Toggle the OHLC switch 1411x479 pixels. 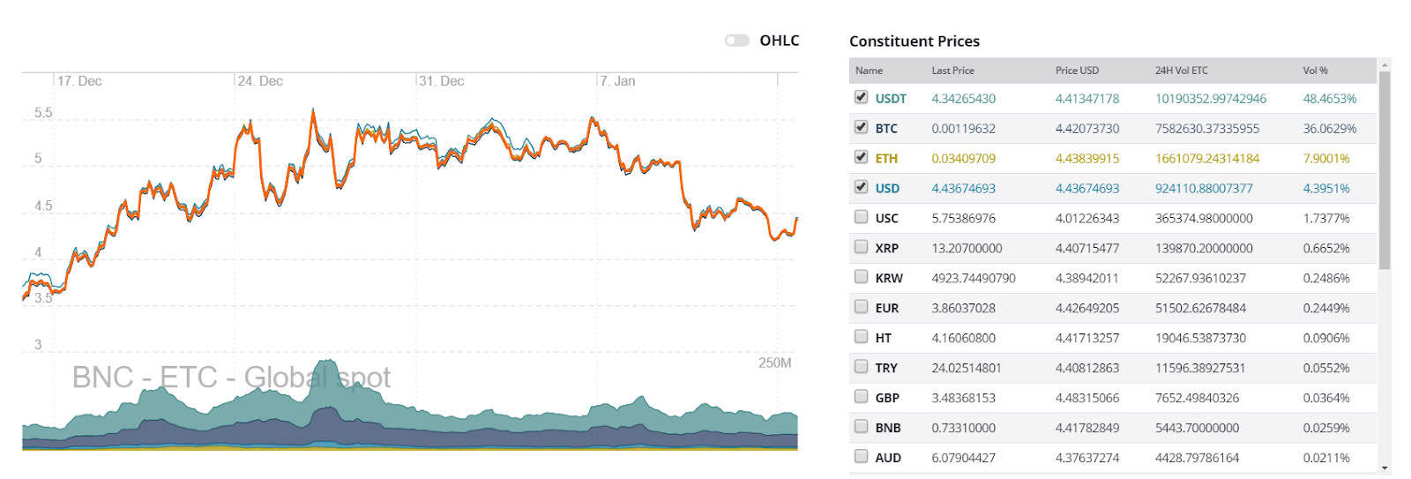coord(736,41)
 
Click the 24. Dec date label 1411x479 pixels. coord(260,81)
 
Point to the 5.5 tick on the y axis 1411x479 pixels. coord(43,113)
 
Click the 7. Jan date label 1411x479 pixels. coord(617,81)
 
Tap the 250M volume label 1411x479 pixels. coord(774,363)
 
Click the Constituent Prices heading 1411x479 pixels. coord(914,41)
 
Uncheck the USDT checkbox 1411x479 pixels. coord(861,97)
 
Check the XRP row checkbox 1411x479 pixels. coord(861,247)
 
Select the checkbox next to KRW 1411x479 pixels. coord(861,277)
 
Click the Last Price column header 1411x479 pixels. coord(952,71)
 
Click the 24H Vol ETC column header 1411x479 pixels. coord(1181,71)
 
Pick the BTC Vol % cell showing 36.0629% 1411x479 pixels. coord(1329,129)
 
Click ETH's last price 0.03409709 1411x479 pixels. coord(963,159)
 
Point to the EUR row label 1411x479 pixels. coord(886,309)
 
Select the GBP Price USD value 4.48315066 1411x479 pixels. coord(1086,398)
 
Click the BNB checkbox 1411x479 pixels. coord(861,427)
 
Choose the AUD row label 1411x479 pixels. coord(887,458)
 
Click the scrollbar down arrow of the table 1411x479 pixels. coord(1385,468)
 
